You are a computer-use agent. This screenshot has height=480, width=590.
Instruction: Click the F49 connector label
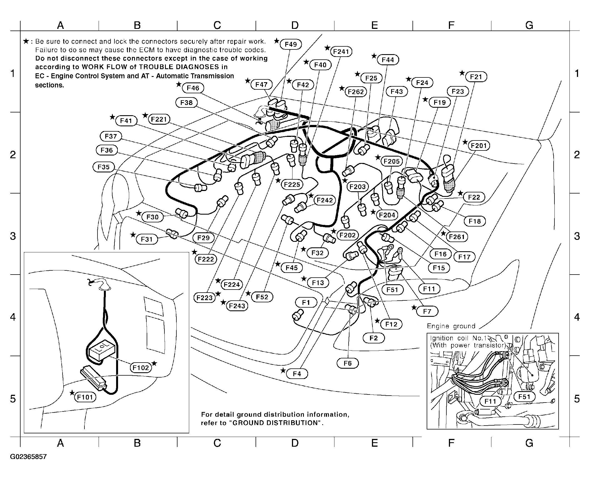point(291,44)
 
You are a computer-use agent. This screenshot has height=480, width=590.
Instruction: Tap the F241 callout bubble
point(341,52)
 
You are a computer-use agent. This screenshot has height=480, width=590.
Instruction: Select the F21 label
point(476,77)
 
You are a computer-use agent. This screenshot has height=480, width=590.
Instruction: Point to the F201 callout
point(479,145)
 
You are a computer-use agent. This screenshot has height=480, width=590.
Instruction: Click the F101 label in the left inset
point(85,397)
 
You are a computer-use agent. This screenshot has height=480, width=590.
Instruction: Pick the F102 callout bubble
point(141,368)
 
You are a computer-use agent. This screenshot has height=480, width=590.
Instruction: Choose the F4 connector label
point(297,374)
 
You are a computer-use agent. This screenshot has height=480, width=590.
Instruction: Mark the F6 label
point(347,363)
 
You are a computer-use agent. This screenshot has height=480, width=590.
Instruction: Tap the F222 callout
point(206,259)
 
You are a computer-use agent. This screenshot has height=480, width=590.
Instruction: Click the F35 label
point(104,167)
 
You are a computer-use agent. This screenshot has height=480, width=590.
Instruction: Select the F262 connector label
point(356,92)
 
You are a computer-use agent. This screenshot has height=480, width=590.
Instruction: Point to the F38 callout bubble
point(186,102)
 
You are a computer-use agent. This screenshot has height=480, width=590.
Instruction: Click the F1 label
point(306,302)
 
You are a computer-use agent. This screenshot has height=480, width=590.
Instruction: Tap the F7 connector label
point(427,311)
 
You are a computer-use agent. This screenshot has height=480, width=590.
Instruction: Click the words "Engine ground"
point(451,326)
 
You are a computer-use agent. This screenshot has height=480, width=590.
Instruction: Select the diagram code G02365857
point(28,457)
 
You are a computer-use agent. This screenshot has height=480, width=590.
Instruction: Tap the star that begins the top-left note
point(26,41)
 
